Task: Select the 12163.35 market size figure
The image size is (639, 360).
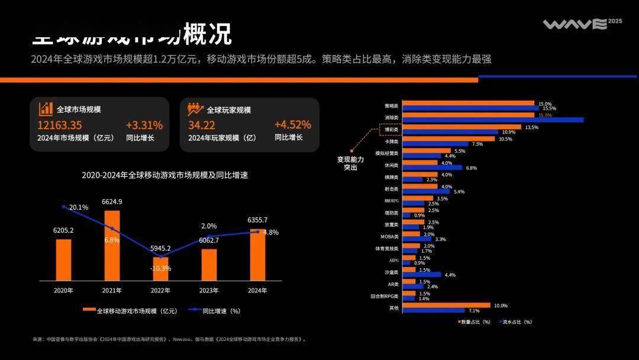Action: (60, 126)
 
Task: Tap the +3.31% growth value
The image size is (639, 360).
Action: (144, 126)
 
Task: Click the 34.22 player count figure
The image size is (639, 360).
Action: (202, 126)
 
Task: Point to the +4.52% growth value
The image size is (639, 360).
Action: (292, 125)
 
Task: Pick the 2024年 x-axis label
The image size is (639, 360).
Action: (257, 291)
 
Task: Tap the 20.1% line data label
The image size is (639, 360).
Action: (79, 208)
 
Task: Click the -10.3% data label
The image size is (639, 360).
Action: (160, 268)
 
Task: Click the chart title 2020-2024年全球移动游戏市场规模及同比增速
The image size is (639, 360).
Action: (164, 175)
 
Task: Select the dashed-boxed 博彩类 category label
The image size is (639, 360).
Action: (391, 129)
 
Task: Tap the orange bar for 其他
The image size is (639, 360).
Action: (447, 306)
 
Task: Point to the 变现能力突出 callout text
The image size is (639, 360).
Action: (350, 163)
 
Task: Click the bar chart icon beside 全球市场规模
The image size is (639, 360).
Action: (46, 109)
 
